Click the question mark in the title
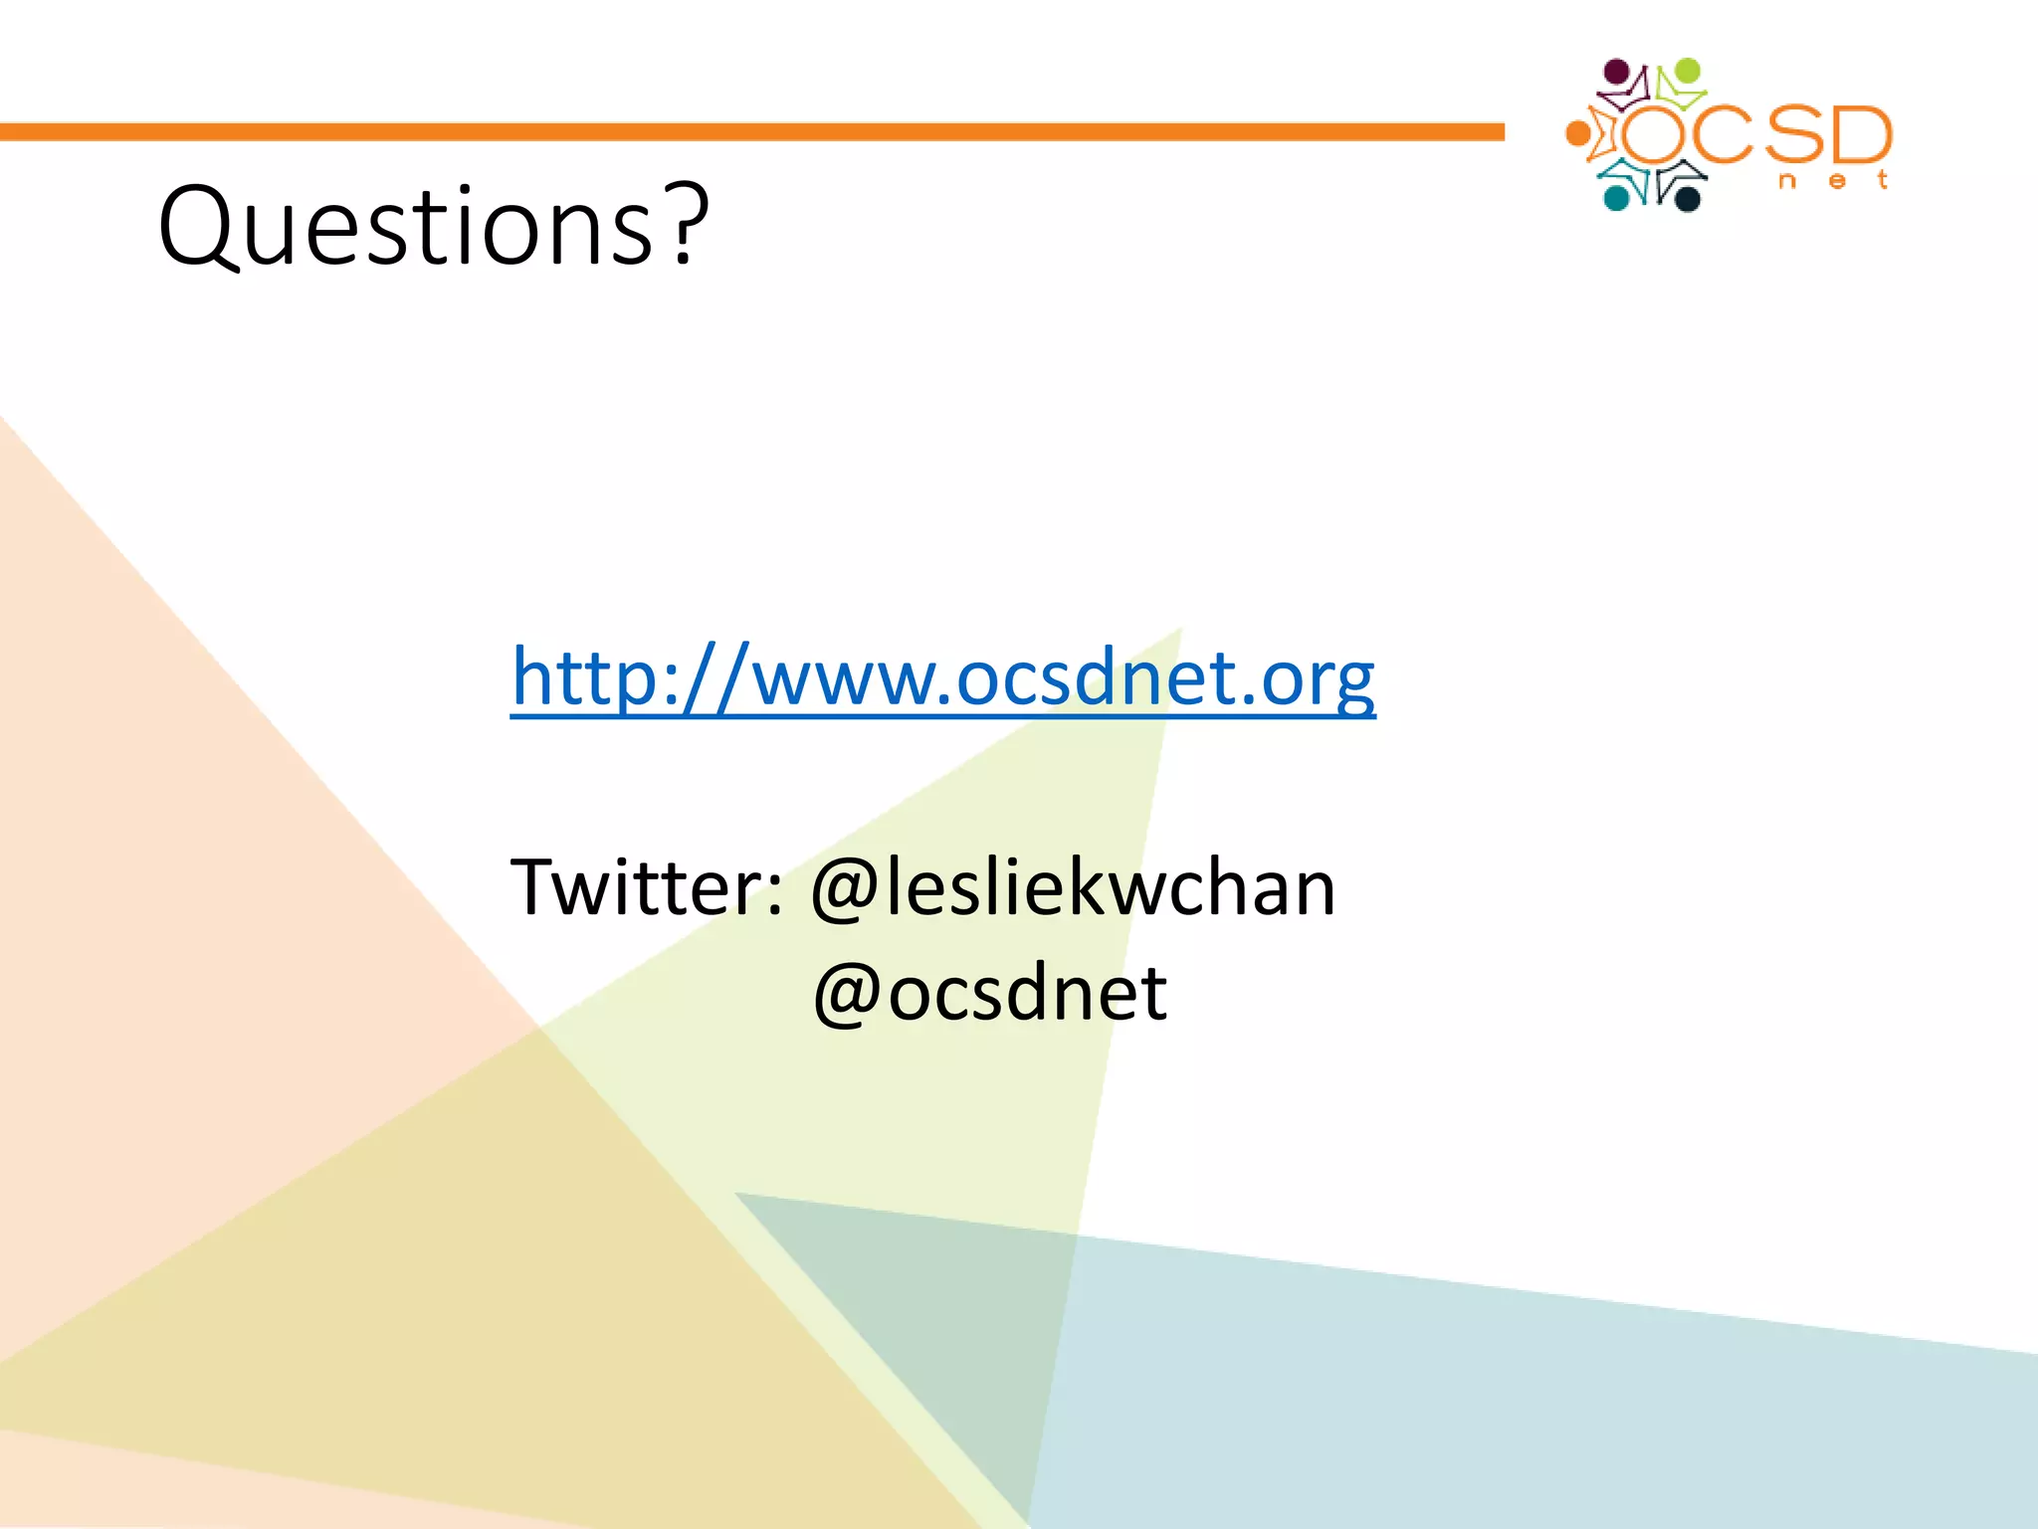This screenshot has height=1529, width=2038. pyautogui.click(x=689, y=227)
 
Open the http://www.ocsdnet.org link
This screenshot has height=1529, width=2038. pyautogui.click(x=942, y=678)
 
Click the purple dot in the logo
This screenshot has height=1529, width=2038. pyautogui.click(x=1618, y=73)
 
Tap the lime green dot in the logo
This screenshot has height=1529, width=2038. pyautogui.click(x=1688, y=72)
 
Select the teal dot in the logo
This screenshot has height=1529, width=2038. pyautogui.click(x=1616, y=198)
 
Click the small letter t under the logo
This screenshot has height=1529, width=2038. pyautogui.click(x=1882, y=180)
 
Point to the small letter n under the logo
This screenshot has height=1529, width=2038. pyautogui.click(x=1787, y=181)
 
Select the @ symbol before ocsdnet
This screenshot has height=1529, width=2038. pyautogui.click(x=847, y=994)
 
